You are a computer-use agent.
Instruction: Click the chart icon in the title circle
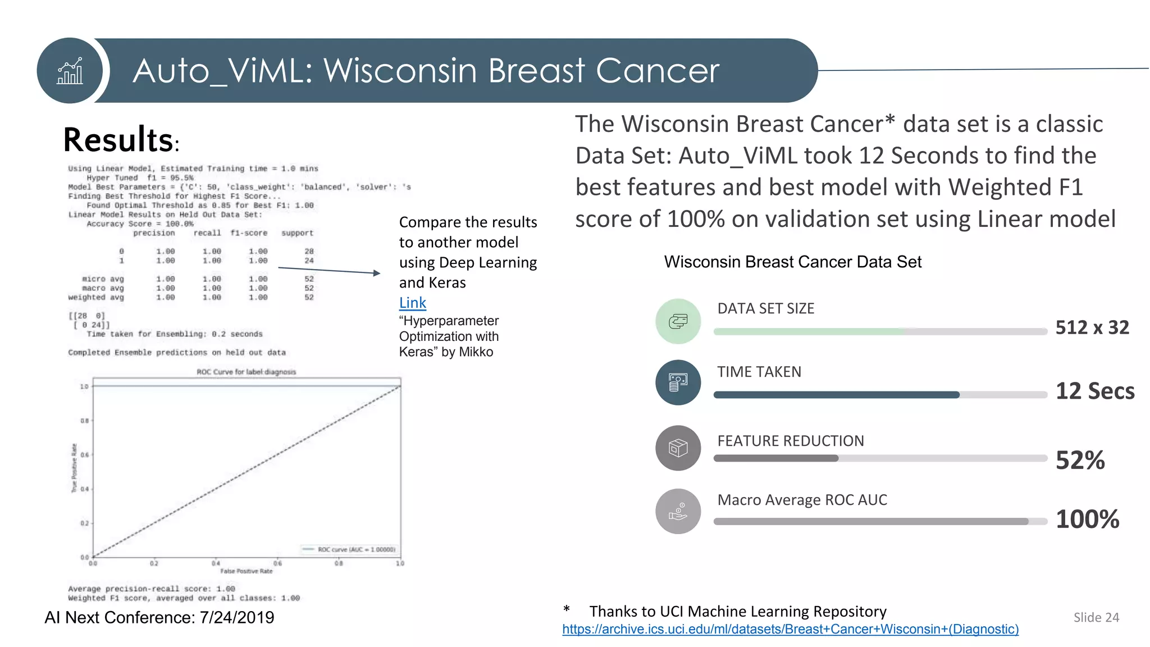pos(70,71)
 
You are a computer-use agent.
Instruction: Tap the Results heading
pos(118,140)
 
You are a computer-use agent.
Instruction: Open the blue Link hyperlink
pos(412,303)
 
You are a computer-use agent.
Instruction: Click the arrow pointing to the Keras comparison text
pos(329,271)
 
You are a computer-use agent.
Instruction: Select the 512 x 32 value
pos(1092,327)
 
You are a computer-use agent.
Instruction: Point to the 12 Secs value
pos(1094,391)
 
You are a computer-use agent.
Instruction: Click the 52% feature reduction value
pos(1080,461)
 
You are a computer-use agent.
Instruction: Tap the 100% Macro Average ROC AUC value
pos(1087,519)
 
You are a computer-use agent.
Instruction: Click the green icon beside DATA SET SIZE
pos(678,321)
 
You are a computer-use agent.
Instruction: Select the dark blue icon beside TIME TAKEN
pos(678,382)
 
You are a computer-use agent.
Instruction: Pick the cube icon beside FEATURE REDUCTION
pos(678,448)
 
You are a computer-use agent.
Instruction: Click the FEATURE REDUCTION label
pos(790,441)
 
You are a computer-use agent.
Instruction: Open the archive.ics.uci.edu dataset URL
pos(790,629)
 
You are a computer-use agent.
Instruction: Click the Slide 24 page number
pos(1096,617)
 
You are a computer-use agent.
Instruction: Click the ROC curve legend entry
pos(349,549)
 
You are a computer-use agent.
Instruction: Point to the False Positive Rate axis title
pos(246,571)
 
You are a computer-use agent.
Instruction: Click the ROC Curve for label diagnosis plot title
pos(246,372)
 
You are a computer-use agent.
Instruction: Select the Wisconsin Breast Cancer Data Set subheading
pos(792,262)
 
